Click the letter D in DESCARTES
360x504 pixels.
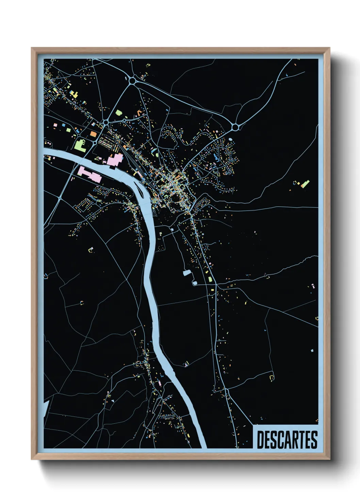tap(260, 440)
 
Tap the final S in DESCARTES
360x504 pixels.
tap(314, 440)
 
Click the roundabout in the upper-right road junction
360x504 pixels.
tap(235, 127)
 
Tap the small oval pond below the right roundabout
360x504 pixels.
tap(230, 139)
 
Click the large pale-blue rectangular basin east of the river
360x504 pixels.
tap(186, 272)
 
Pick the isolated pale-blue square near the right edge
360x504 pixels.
tap(312, 350)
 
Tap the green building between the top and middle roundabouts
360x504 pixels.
tap(118, 112)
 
